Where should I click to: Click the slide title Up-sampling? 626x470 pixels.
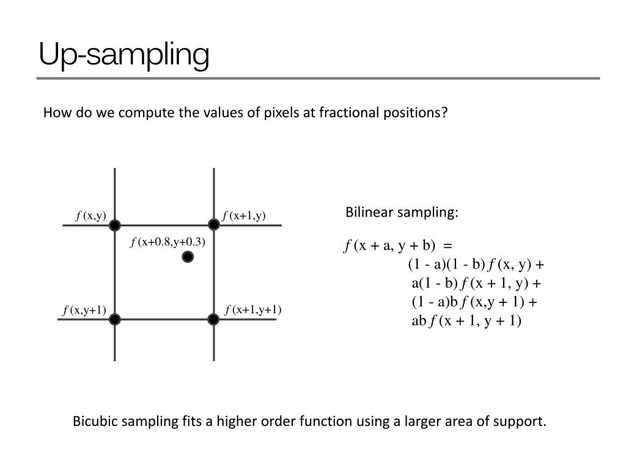tap(123, 54)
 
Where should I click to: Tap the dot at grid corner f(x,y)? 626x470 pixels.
tap(114, 226)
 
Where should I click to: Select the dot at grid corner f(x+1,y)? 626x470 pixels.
tap(213, 225)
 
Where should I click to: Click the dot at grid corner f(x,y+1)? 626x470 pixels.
tap(114, 319)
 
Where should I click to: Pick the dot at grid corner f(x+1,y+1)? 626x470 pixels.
tap(213, 319)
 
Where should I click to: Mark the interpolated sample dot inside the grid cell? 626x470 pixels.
tap(188, 257)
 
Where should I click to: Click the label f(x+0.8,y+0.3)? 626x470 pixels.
tap(168, 242)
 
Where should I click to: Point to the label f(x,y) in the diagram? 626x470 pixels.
tap(91, 215)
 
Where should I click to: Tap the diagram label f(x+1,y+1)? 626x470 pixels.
tap(253, 310)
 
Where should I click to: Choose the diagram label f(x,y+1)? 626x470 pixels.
tap(84, 311)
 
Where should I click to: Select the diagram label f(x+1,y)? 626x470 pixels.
tap(244, 215)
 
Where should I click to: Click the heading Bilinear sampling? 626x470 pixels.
tap(402, 212)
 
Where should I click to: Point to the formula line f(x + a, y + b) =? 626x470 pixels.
tap(399, 246)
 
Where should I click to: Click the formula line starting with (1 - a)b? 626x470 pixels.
tap(474, 302)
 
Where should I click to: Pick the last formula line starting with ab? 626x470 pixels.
tap(466, 321)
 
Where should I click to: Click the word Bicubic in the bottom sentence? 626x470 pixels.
tap(94, 422)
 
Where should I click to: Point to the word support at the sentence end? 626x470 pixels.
tap(524, 422)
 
